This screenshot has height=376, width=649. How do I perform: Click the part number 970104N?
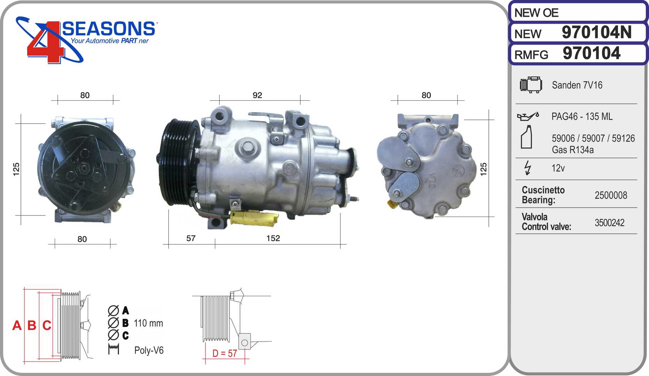click(596, 32)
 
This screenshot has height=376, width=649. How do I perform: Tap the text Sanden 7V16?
click(577, 85)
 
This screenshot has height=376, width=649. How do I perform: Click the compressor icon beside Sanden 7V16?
click(531, 85)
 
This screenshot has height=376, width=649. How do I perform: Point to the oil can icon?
click(528, 116)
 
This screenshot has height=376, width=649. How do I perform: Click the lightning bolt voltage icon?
click(528, 168)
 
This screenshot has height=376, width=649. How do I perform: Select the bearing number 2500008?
click(611, 195)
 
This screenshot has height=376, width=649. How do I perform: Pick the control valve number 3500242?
click(609, 223)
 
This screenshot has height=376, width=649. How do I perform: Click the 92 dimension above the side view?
click(257, 95)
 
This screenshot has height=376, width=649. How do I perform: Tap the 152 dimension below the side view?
click(273, 238)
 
